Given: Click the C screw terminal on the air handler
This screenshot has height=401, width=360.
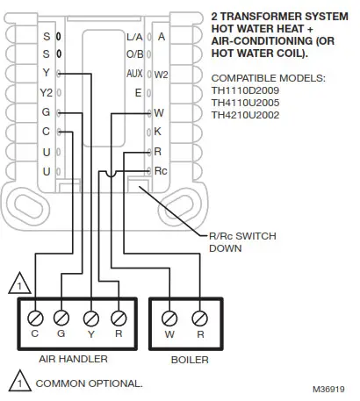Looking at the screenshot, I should pyautogui.click(x=36, y=315).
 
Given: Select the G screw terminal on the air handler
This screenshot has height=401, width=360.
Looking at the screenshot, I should pyautogui.click(x=61, y=315).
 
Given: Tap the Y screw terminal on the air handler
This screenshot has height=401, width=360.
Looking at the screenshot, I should pyautogui.click(x=90, y=315).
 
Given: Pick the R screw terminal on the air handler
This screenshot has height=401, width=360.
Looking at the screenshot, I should pyautogui.click(x=119, y=315).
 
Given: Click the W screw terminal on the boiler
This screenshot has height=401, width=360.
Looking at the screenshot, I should pyautogui.click(x=170, y=315).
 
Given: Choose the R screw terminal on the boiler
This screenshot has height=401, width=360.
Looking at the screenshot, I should pyautogui.click(x=199, y=315).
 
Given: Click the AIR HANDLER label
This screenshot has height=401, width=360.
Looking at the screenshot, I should pyautogui.click(x=73, y=359).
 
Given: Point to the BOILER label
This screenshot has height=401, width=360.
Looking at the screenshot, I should pyautogui.click(x=185, y=359).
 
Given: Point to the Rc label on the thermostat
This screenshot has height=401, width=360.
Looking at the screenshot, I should pyautogui.click(x=161, y=170).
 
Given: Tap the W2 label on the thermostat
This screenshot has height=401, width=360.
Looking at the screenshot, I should pyautogui.click(x=161, y=75).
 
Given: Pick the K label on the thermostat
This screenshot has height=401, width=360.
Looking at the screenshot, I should pyautogui.click(x=158, y=132).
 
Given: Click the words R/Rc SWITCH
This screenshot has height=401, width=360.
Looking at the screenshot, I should pyautogui.click(x=236, y=236).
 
